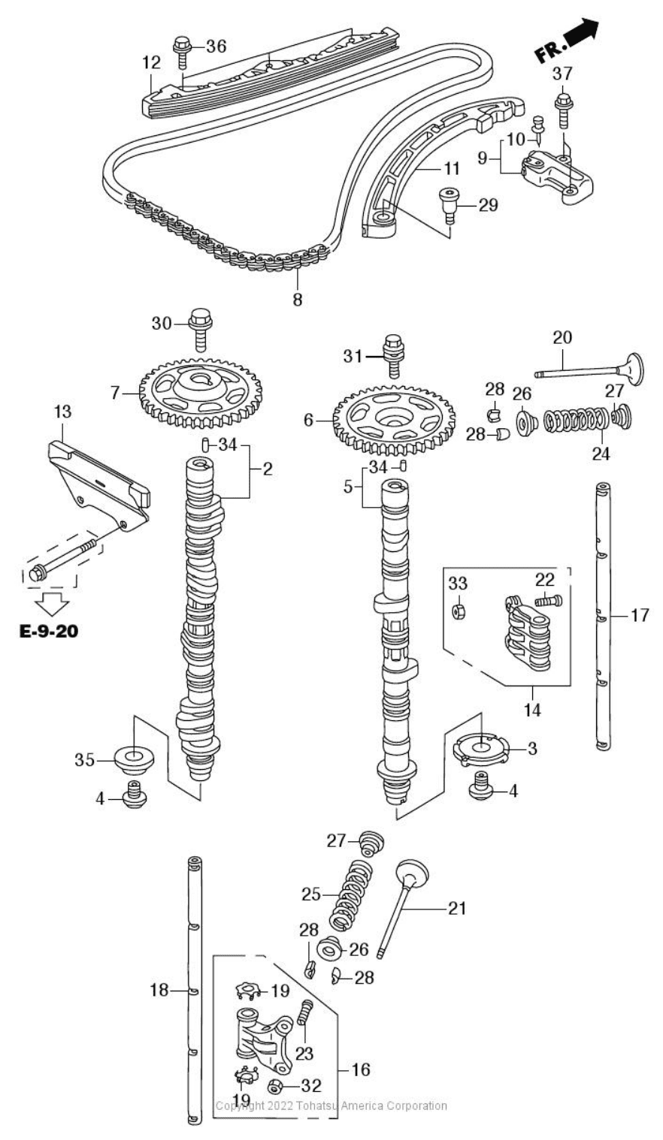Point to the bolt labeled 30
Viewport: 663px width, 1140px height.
point(200,327)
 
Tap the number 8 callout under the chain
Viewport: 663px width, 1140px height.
point(298,300)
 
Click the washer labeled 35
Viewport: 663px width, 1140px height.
point(132,761)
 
